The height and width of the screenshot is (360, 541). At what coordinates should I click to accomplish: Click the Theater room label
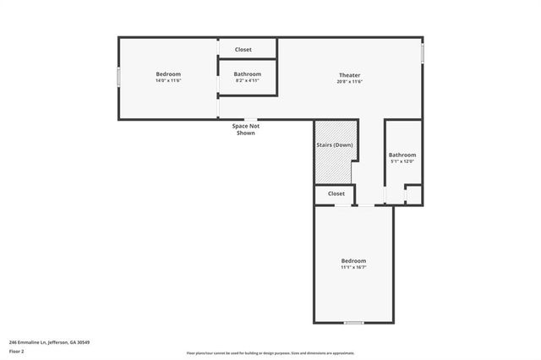350,74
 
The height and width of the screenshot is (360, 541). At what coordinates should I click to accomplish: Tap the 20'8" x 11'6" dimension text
350,81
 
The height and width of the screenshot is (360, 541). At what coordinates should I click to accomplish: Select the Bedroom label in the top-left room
168,74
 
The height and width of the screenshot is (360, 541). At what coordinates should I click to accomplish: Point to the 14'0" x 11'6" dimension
168,81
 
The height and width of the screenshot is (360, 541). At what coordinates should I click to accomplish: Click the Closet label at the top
243,49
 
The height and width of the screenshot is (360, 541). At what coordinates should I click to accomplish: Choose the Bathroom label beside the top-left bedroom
248,74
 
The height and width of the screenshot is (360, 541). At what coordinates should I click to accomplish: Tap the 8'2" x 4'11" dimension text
248,81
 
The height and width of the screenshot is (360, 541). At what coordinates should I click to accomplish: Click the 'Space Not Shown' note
246,129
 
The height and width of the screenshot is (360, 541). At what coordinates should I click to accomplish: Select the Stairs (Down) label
334,145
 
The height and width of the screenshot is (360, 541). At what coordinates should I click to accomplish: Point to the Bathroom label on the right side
402,155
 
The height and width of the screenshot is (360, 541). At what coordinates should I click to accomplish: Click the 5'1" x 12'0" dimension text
402,161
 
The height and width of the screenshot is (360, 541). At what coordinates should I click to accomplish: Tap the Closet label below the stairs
336,194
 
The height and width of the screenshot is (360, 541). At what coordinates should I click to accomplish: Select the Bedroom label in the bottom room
353,260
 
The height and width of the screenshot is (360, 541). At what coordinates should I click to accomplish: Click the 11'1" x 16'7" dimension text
353,267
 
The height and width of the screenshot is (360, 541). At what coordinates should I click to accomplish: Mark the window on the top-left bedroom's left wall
118,77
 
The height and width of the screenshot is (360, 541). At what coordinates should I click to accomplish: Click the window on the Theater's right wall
423,52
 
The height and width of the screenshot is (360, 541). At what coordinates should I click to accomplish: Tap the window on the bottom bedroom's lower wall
353,323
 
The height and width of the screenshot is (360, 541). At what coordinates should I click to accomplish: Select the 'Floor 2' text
17,351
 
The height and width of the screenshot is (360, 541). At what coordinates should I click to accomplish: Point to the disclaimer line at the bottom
270,353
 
